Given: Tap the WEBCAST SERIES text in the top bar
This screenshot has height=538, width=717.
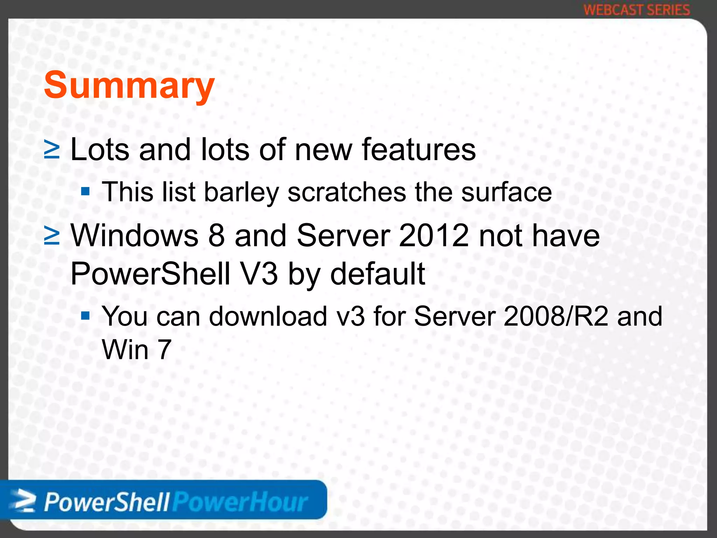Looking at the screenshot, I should tap(636, 10).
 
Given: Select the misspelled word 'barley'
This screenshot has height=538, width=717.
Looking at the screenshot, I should tap(241, 192).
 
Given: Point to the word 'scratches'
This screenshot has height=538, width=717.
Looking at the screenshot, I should tap(347, 192).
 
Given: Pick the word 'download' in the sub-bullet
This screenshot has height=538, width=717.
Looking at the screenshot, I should tap(268, 316).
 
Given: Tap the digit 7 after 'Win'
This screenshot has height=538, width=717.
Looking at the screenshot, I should tap(164, 350).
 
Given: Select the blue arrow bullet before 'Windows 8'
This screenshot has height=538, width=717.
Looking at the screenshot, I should tap(52, 236).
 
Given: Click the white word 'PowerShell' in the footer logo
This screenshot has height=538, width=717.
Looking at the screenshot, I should tap(107, 503).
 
